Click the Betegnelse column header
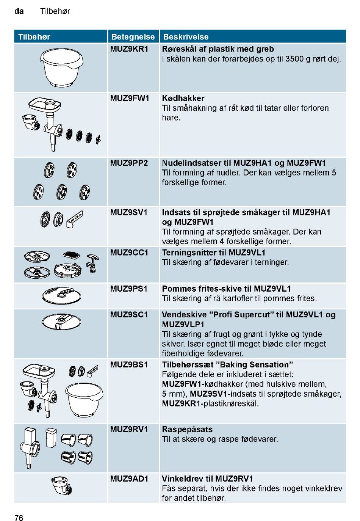pyautogui.click(x=133, y=37)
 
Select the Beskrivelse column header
pyautogui.click(x=185, y=37)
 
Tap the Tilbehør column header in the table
pyautogui.click(x=34, y=37)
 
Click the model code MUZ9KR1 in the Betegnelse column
pyautogui.click(x=129, y=49)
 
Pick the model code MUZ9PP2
pyautogui.click(x=129, y=163)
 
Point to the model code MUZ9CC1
pyautogui.click(x=129, y=253)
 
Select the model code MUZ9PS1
pyautogui.click(x=129, y=289)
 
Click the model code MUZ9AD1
pyautogui.click(x=129, y=479)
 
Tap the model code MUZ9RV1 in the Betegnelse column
pyautogui.click(x=129, y=429)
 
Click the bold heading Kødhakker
pyautogui.click(x=183, y=98)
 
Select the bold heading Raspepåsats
pyautogui.click(x=187, y=429)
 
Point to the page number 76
pyautogui.click(x=19, y=518)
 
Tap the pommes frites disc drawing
pyautogui.click(x=61, y=296)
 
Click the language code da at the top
pyautogui.click(x=19, y=11)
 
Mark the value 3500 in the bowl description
pyautogui.click(x=295, y=59)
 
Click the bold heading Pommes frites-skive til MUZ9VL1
pyautogui.click(x=226, y=289)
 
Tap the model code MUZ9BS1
pyautogui.click(x=129, y=365)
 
